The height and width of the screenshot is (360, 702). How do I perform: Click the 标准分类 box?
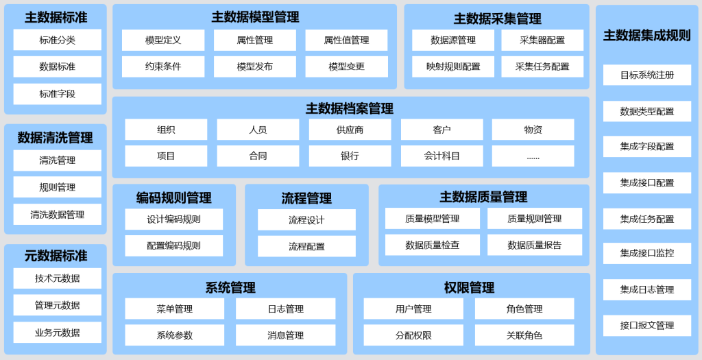pos(58,40)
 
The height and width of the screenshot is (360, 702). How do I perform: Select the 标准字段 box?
pos(58,94)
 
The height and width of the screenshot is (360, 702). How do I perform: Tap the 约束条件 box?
pos(163,67)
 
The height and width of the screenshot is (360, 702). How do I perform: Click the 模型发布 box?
pos(255,67)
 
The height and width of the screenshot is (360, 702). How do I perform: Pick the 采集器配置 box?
pos(542,40)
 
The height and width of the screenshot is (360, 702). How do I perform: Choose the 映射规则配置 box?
pos(453,67)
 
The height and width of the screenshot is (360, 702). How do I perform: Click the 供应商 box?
pos(350,130)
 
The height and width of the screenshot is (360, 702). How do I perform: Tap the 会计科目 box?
pos(442,156)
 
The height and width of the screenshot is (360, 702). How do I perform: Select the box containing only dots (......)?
pos(533,156)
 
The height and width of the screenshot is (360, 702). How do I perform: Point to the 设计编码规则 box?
pos(173,219)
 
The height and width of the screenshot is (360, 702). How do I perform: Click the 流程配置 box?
pos(306,246)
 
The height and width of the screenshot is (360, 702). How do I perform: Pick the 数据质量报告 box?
pos(535,245)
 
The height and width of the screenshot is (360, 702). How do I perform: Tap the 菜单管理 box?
pos(175,309)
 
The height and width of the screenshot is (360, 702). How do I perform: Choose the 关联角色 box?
pos(524,335)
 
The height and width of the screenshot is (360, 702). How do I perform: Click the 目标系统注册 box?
pos(647,75)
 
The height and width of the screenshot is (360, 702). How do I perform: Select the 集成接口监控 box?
pos(647,253)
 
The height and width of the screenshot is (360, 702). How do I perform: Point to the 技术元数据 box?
pos(58,278)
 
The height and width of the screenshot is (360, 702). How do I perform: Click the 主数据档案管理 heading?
pos(350,108)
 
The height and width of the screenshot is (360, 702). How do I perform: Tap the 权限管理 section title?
pos(469,287)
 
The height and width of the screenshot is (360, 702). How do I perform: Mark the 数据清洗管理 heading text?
pos(56,137)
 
